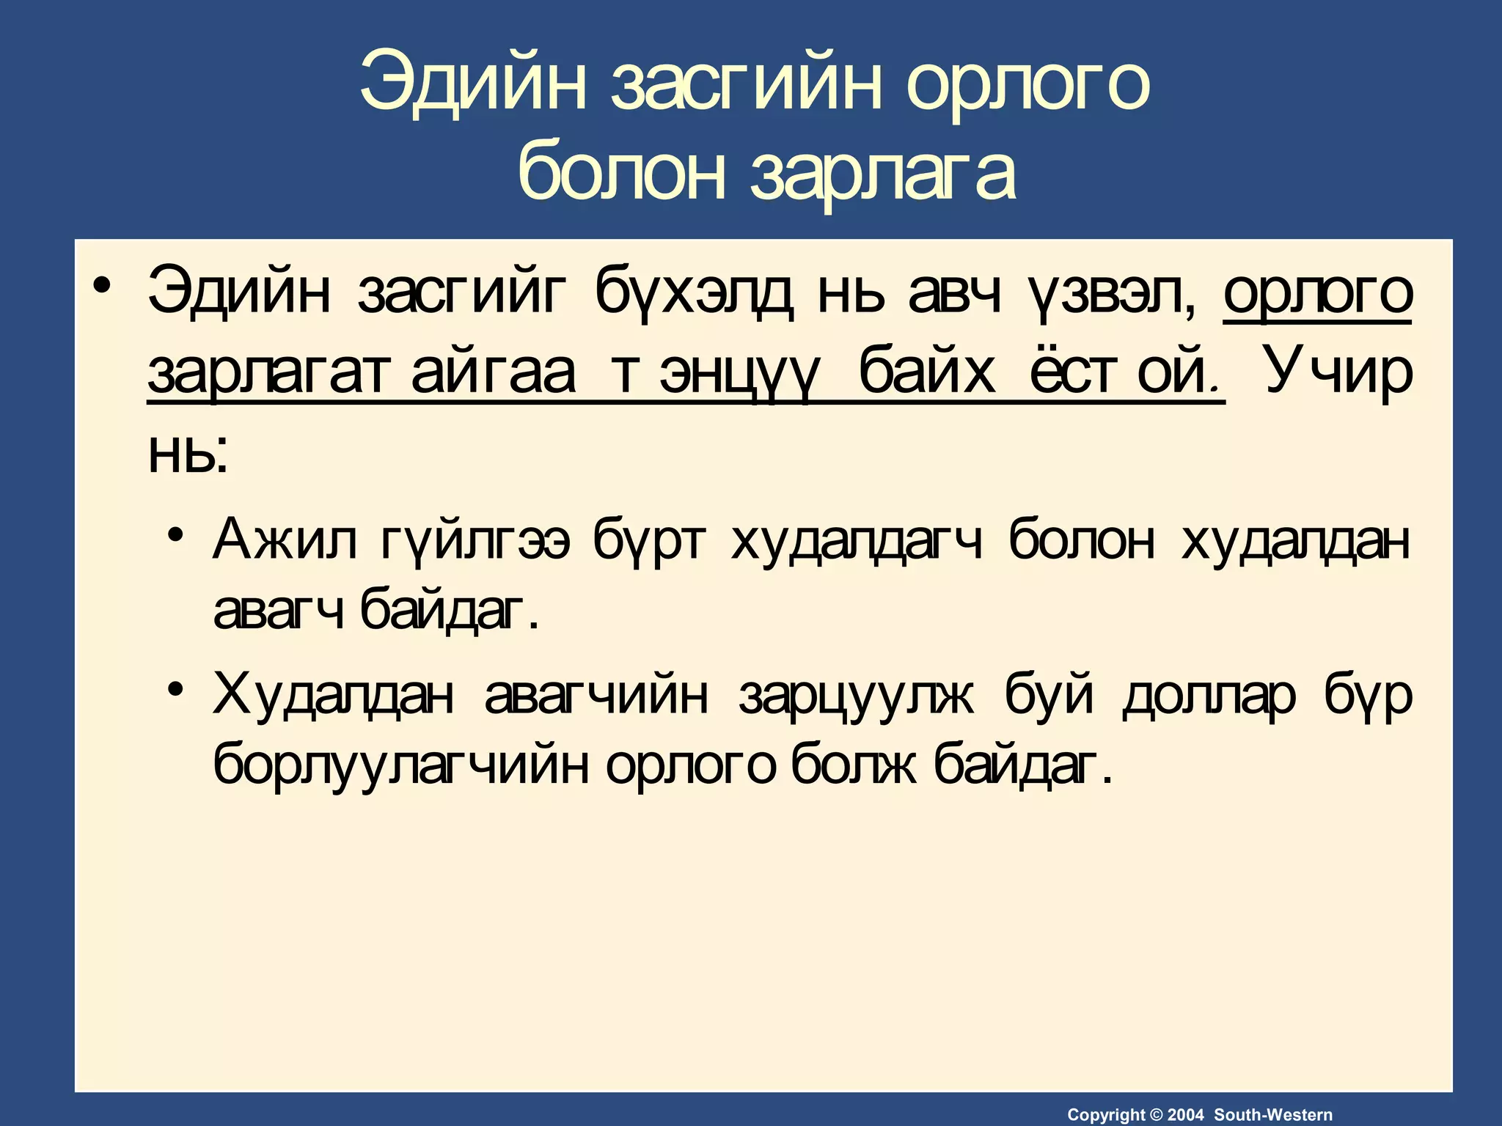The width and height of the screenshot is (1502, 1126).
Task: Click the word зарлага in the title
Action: coord(883,173)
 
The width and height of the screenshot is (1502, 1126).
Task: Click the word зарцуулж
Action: coord(857,696)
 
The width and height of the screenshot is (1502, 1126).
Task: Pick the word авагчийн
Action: coord(596,696)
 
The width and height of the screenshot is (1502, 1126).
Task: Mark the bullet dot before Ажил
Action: coord(174,533)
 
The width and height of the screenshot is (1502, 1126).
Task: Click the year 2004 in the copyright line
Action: coord(1185,1115)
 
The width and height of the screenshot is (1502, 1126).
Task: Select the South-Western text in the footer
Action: coord(1273,1115)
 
